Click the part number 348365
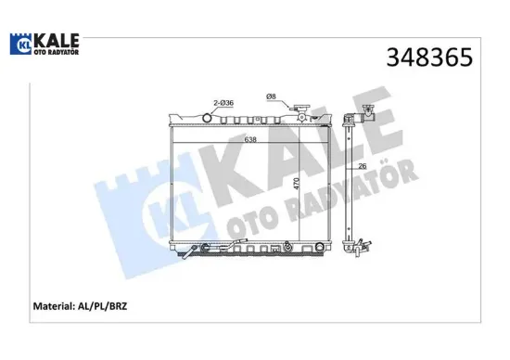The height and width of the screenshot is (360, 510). click(x=429, y=58)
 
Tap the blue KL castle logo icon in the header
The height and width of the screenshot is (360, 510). click(x=20, y=44)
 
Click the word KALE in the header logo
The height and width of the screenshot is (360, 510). click(x=57, y=41)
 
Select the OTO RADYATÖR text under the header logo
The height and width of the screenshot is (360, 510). click(x=57, y=52)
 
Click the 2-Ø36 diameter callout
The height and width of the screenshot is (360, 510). click(x=223, y=103)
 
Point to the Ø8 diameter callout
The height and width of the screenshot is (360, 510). click(x=271, y=96)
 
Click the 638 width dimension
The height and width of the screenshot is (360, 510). click(x=250, y=139)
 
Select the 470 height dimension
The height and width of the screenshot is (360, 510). click(x=296, y=184)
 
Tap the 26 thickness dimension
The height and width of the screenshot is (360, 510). click(x=362, y=166)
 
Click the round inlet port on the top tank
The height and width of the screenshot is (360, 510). click(x=207, y=118)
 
